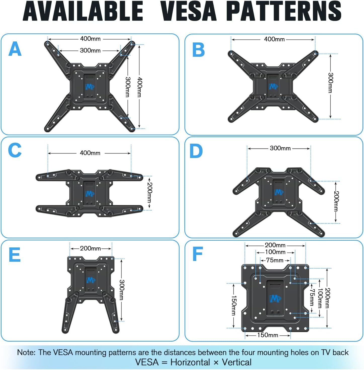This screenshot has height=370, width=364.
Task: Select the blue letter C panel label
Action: [x=15, y=150]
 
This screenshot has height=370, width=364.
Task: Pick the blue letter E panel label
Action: [x=15, y=255]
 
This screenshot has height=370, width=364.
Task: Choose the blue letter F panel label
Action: [x=198, y=254]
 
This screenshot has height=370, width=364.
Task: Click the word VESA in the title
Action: [x=188, y=11]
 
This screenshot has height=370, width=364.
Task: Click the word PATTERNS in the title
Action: [x=284, y=11]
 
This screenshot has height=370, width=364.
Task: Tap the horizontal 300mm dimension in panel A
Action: [x=90, y=50]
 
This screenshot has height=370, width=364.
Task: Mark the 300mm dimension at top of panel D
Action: [x=280, y=148]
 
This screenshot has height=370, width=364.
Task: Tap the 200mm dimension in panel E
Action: [x=90, y=248]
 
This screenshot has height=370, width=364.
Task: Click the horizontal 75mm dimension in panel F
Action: [x=275, y=260]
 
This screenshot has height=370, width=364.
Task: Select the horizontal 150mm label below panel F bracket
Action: [x=267, y=335]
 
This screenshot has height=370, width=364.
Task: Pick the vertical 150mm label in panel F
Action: [x=234, y=305]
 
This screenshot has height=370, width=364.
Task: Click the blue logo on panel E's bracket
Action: [x=91, y=280]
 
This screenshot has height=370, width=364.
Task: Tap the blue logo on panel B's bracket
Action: [x=273, y=86]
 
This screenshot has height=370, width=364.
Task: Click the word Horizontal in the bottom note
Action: [x=190, y=362]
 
